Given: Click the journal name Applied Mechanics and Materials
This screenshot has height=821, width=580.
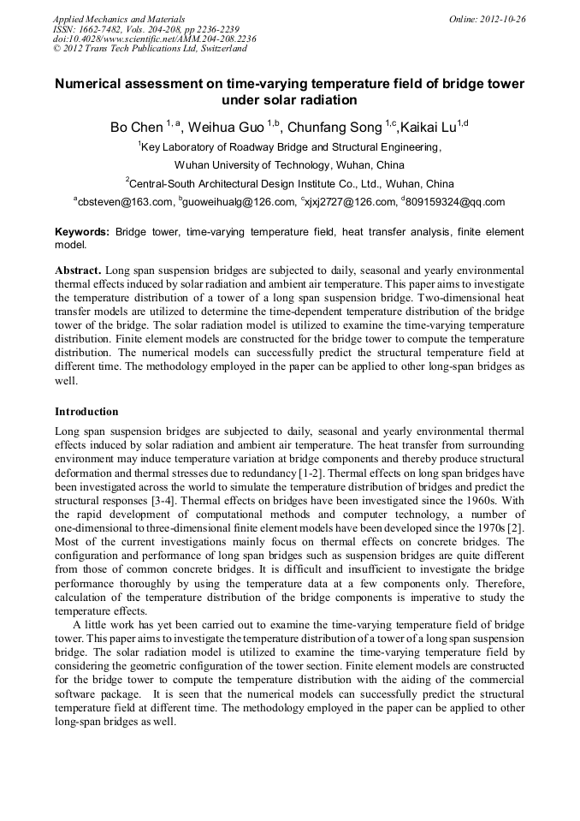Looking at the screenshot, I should pos(119,18).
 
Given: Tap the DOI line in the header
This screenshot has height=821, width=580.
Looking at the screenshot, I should pos(154,39).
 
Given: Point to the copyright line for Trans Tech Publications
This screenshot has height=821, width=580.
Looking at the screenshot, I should pos(150,49).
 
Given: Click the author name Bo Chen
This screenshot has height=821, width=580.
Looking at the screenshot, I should pos(136,128).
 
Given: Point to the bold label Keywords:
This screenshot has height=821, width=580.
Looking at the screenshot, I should pos(82,232).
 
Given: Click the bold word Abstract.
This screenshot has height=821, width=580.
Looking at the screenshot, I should pos(79,269).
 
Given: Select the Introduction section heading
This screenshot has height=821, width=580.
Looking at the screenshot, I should pos(86,411).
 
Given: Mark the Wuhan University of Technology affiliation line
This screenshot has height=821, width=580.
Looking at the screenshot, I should pos(289,165).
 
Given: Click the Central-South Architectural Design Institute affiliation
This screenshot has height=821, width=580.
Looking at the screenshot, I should pos(291,183).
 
